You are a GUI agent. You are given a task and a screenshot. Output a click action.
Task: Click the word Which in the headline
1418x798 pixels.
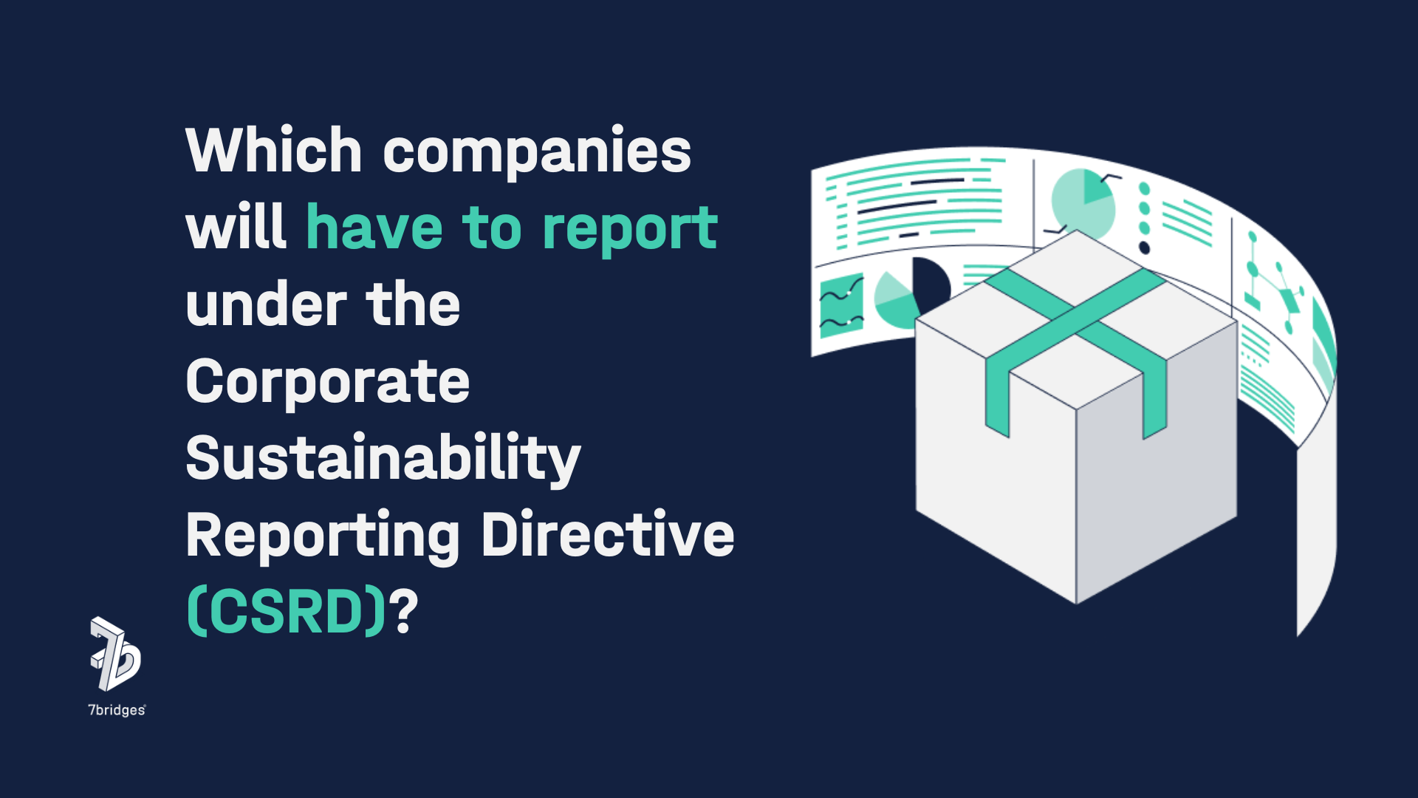(273, 151)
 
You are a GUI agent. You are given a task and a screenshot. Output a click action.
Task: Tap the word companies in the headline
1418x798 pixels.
(537, 153)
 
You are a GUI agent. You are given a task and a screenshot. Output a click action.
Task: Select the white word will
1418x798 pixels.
(236, 228)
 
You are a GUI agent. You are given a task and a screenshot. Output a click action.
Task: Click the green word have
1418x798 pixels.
(374, 228)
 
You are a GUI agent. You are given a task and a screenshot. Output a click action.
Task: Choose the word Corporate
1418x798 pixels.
(327, 383)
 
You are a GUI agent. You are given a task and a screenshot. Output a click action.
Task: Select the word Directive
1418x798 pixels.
(608, 534)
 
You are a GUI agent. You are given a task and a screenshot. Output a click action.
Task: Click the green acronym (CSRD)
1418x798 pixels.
(287, 612)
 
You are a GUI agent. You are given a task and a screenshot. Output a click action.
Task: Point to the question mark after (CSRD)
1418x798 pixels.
(404, 612)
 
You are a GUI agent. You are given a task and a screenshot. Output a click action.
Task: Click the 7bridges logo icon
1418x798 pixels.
(115, 654)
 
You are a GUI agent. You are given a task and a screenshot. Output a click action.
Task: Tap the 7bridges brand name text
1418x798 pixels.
(117, 710)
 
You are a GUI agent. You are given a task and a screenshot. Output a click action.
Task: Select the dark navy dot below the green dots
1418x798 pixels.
(1144, 247)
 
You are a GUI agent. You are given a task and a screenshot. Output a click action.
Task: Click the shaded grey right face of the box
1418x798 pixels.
(1157, 473)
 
